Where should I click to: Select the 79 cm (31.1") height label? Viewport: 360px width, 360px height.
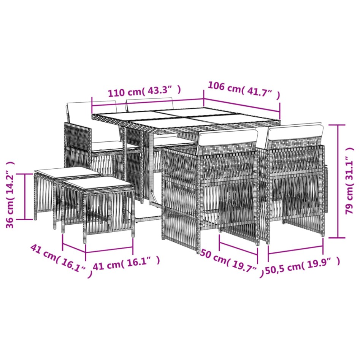[350, 181]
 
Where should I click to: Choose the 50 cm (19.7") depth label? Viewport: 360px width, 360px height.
[232, 262]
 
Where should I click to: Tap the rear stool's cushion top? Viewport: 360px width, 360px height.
[67, 171]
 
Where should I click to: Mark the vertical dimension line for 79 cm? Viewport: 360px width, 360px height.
[338, 181]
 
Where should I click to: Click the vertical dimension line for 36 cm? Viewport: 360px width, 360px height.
[25, 196]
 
